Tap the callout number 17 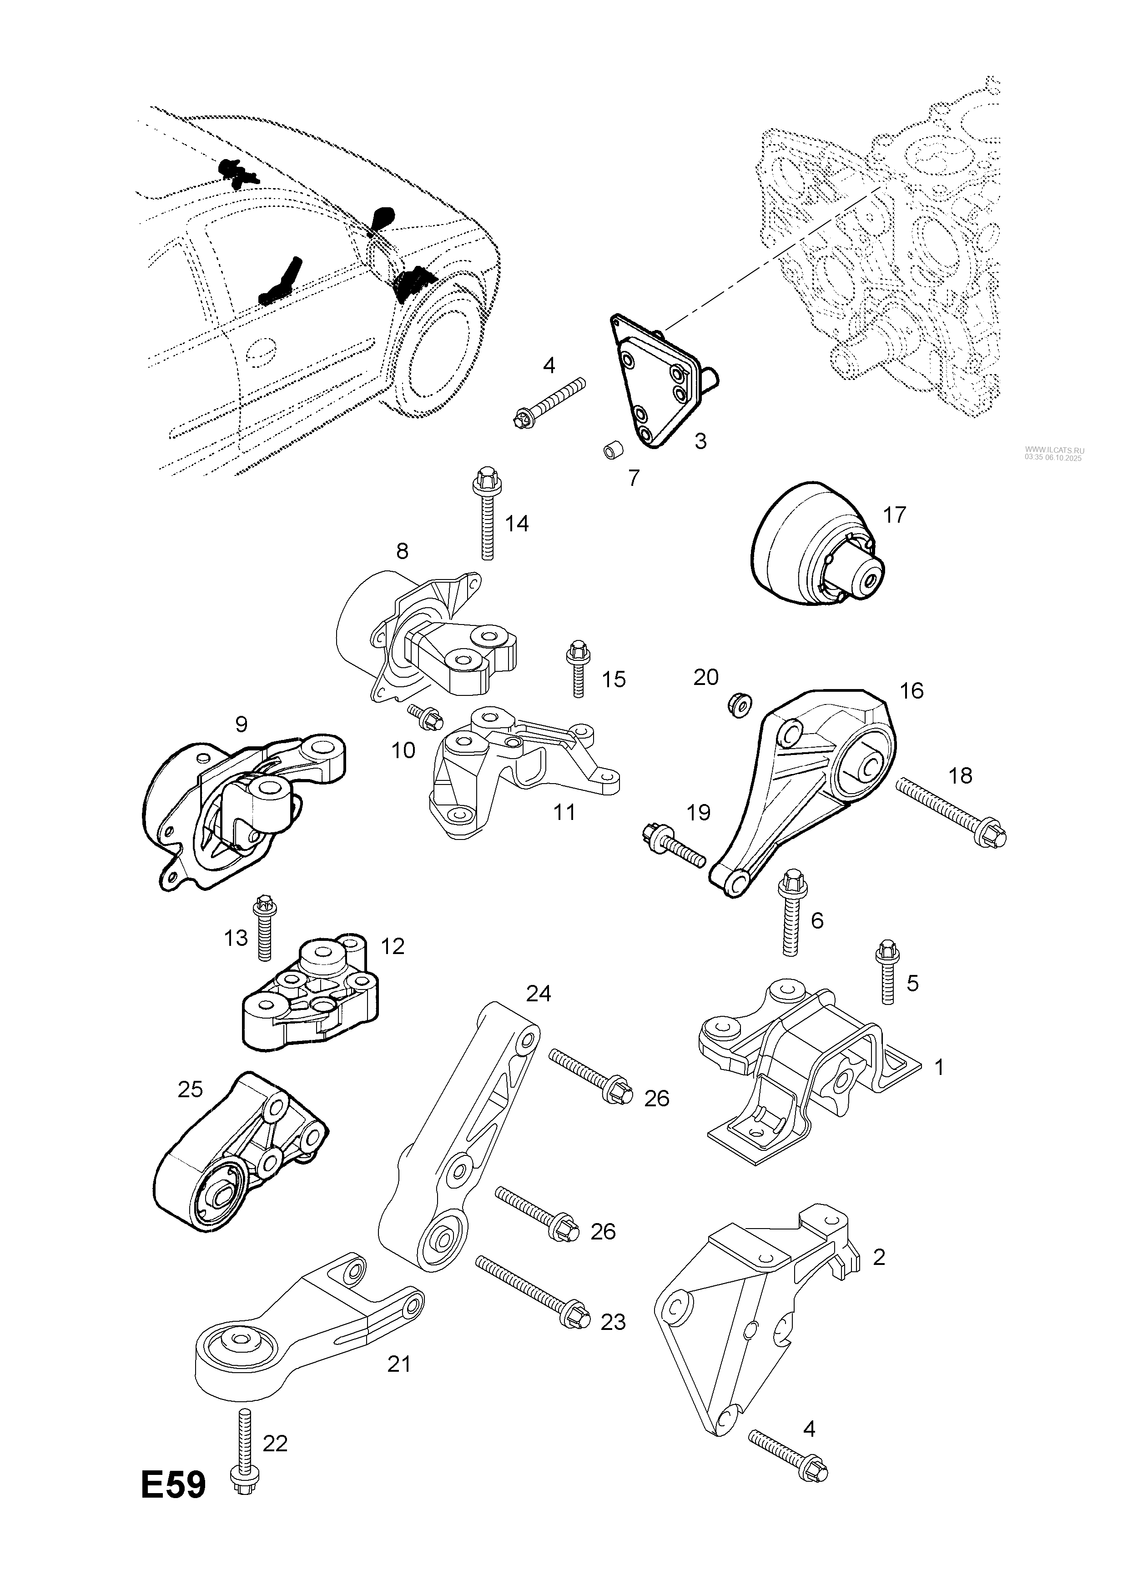point(895,515)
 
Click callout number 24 point(538,994)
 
